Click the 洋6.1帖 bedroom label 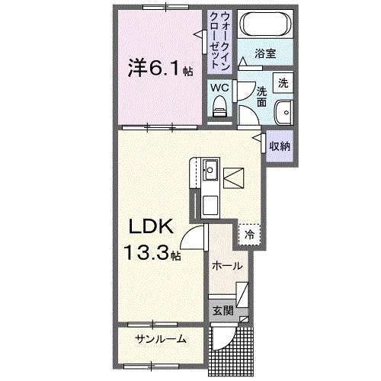tap(159, 69)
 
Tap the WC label tap(219, 87)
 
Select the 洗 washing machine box tap(282, 82)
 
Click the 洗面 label tap(261, 94)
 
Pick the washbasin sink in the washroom tap(284, 111)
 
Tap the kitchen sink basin tap(210, 169)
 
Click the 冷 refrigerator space tap(248, 235)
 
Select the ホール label tap(227, 266)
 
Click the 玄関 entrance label tap(222, 310)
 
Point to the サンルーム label tap(161, 338)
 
